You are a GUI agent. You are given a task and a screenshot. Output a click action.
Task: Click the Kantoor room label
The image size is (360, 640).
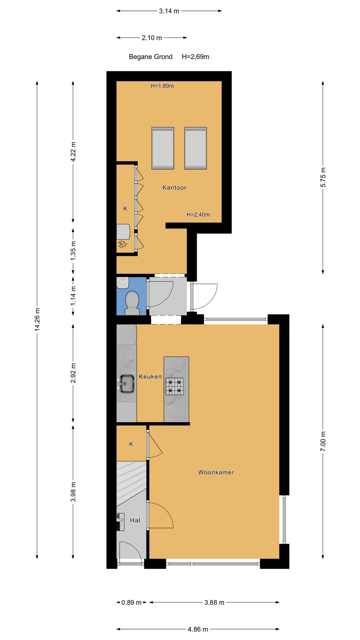tap(174, 187)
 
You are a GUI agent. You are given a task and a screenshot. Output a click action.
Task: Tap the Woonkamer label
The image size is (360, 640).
tap(216, 472)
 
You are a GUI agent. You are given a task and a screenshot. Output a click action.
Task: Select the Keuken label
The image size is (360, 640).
tap(150, 377)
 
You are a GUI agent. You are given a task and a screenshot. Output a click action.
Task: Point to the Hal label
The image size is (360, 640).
tap(135, 520)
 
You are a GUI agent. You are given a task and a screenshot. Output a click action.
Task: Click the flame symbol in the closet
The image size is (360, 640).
tap(122, 244)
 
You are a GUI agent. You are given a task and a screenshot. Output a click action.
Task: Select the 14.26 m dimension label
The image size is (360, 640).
tap(37, 319)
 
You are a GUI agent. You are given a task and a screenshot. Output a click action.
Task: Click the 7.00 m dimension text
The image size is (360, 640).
tap(323, 441)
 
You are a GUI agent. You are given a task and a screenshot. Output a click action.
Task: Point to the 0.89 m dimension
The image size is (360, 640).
tap(132, 602)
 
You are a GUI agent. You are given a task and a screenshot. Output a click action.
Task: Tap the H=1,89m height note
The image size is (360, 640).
tap(162, 86)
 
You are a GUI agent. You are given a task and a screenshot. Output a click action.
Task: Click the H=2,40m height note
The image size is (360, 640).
tap(198, 215)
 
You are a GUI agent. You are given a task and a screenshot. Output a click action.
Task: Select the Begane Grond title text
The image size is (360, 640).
tap(151, 57)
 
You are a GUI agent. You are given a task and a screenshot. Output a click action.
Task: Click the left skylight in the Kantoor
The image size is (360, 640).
tap(163, 148)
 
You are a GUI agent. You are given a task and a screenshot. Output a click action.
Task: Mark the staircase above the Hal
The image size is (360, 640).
tap(131, 483)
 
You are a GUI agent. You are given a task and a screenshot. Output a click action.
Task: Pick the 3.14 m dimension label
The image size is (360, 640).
tap(169, 11)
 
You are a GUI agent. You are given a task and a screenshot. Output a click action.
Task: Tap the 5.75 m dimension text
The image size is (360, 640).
tap(323, 177)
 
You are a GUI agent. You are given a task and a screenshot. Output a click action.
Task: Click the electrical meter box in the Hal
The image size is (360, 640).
tap(120, 522)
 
